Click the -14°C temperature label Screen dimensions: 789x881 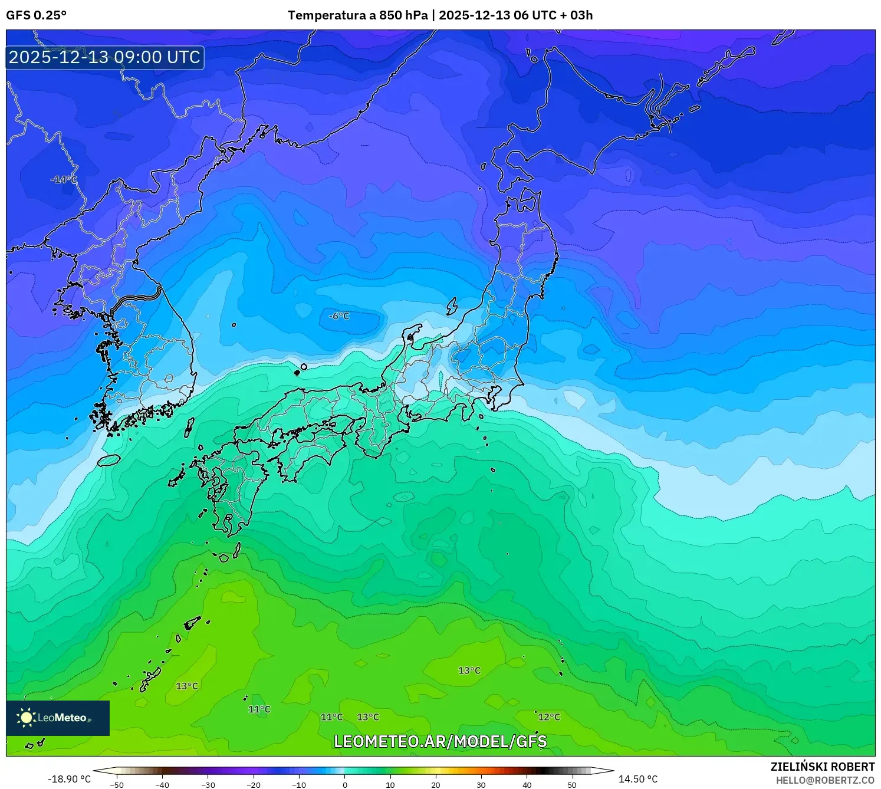64,179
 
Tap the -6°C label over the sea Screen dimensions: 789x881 339,316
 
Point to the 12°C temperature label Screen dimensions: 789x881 549,717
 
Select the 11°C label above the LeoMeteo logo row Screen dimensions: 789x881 259,709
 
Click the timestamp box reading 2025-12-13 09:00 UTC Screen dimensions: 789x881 105,57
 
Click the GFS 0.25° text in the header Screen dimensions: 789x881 37,15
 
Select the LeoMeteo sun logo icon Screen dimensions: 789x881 26,718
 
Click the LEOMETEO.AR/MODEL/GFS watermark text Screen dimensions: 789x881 440,741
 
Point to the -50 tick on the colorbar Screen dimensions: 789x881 117,784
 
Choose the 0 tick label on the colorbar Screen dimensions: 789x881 345,784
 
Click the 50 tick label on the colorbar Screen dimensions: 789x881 572,784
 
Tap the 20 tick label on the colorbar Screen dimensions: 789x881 436,784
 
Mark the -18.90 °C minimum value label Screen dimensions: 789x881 70,779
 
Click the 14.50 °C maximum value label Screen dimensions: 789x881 638,779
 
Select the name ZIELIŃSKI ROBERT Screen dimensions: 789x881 823,767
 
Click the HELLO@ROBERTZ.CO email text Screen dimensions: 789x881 825,780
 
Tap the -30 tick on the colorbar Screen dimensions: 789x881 208,784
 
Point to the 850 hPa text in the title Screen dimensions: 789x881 403,15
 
